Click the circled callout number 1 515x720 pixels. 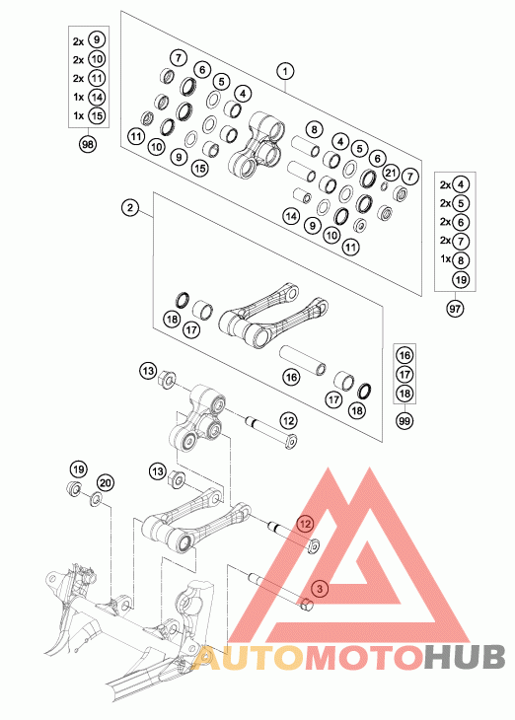pos(285,72)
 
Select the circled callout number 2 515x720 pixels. pos(130,207)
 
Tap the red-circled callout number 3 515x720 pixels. pos(321,588)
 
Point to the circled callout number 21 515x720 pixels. pos(391,173)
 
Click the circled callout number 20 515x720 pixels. pos(106,483)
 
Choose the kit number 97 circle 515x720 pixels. pos(455,309)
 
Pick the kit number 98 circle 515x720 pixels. pos(87,145)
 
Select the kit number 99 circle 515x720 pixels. pos(405,420)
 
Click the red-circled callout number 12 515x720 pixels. pos(306,524)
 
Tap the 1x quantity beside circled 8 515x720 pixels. pos(445,259)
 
